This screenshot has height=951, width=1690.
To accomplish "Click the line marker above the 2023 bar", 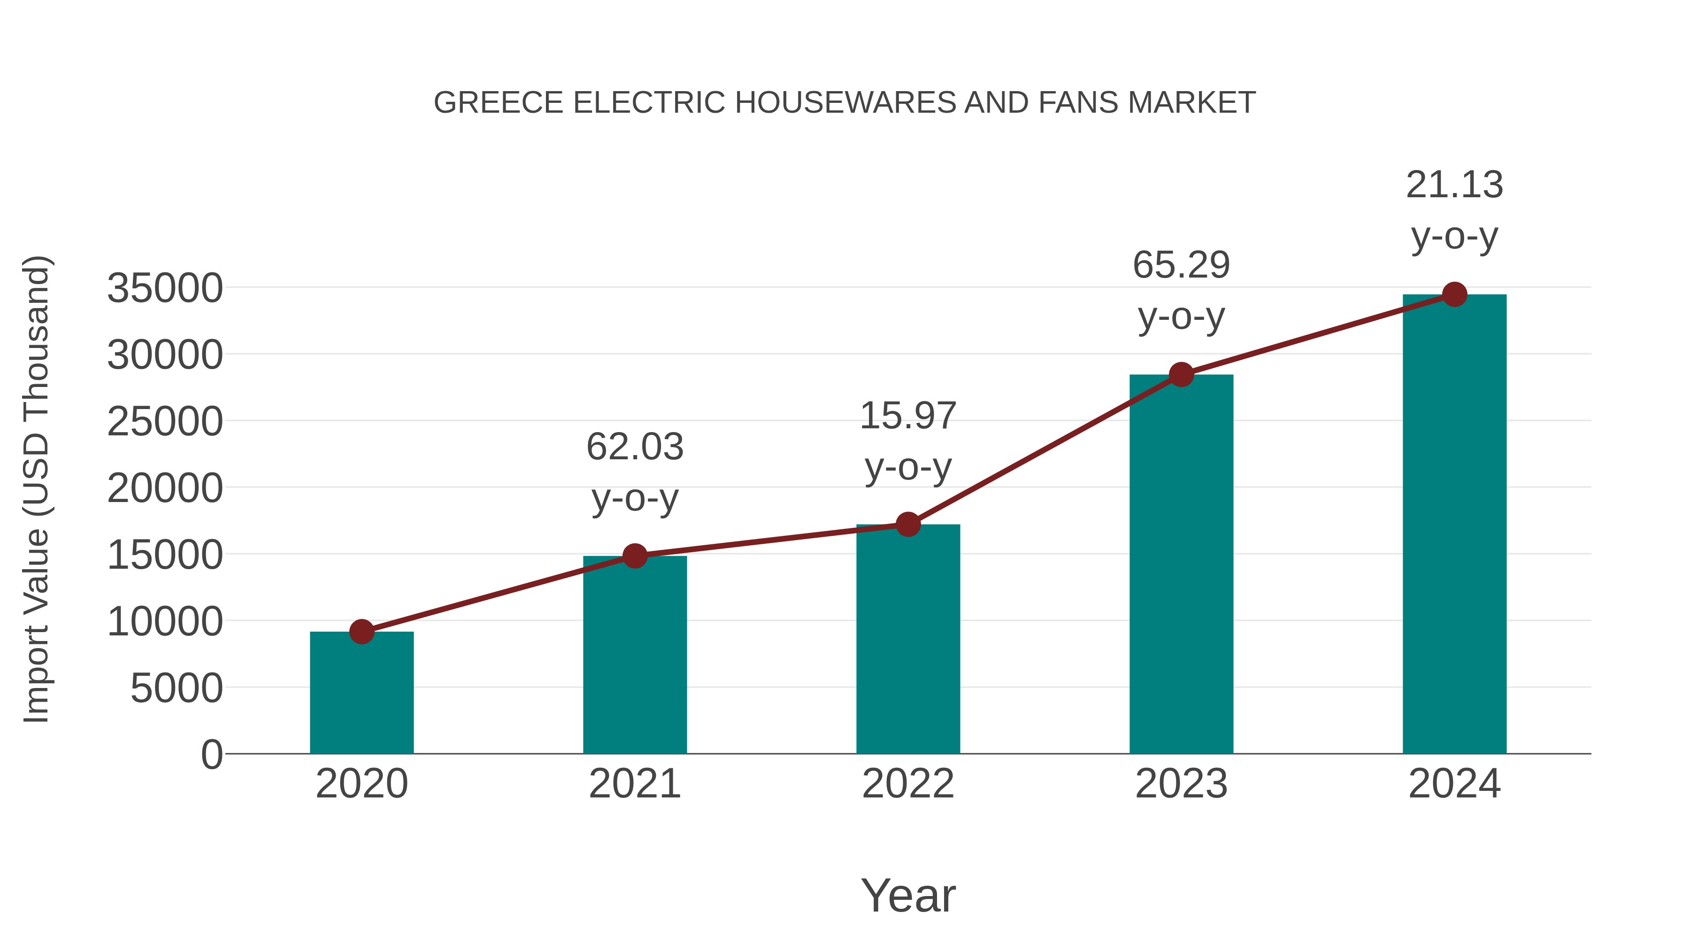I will click(x=1182, y=375).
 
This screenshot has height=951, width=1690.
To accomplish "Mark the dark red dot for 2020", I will click(x=361, y=632).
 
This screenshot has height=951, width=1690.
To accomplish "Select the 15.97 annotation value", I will click(x=908, y=416).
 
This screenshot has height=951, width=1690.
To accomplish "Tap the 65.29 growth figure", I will click(x=1182, y=265).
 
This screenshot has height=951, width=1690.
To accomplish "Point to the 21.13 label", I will click(x=1454, y=185).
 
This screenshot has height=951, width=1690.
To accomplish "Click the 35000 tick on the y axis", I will click(x=165, y=288).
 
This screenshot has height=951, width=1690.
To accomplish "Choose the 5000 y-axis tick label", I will click(x=177, y=688).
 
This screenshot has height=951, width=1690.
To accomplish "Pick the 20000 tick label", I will click(x=165, y=488).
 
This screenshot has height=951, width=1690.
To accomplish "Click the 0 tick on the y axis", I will click(x=212, y=755).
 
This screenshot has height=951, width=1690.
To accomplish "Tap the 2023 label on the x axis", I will click(x=1182, y=784).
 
